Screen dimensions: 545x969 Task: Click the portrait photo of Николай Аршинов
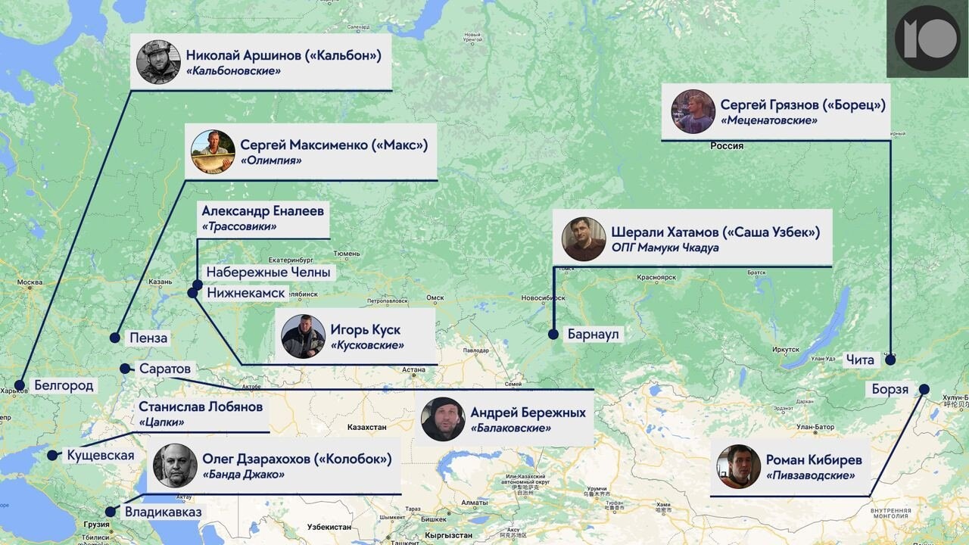(158, 62)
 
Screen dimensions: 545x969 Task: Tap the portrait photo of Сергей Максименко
(213, 151)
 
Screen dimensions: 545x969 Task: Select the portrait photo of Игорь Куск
(303, 336)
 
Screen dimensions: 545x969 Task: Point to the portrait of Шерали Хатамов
(584, 239)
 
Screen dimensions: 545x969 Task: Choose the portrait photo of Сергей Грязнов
(693, 112)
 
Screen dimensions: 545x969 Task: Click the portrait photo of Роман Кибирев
(738, 466)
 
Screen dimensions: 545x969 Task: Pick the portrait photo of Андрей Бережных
(443, 419)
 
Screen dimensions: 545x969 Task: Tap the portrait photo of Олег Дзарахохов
(175, 466)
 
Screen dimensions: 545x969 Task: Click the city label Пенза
(148, 338)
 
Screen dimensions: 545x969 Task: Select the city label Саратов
(164, 369)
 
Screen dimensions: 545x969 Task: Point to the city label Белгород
(64, 386)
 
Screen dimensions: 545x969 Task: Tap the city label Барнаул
(594, 334)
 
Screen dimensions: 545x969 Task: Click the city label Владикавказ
(163, 512)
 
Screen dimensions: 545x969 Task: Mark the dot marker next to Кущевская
(52, 456)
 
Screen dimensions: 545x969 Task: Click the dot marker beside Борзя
(924, 389)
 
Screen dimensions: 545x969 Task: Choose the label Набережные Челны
(268, 272)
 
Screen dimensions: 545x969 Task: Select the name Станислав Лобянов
(201, 406)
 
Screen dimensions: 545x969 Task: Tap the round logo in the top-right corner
(927, 39)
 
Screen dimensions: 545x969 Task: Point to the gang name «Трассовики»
(239, 226)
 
